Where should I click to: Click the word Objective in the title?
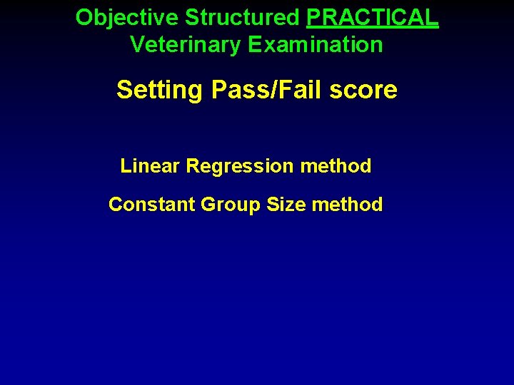click(128, 18)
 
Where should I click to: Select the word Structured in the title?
click(243, 18)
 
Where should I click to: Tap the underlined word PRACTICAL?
click(372, 18)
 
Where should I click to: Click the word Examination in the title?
click(316, 45)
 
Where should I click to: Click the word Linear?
click(150, 166)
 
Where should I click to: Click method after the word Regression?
click(336, 166)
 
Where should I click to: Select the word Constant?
click(151, 205)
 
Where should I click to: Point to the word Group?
click(231, 205)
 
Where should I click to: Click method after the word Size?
click(347, 205)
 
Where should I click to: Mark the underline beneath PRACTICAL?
click(372, 29)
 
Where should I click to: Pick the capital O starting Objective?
click(84, 18)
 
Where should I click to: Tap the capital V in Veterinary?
click(136, 45)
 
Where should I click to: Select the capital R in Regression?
click(192, 166)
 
